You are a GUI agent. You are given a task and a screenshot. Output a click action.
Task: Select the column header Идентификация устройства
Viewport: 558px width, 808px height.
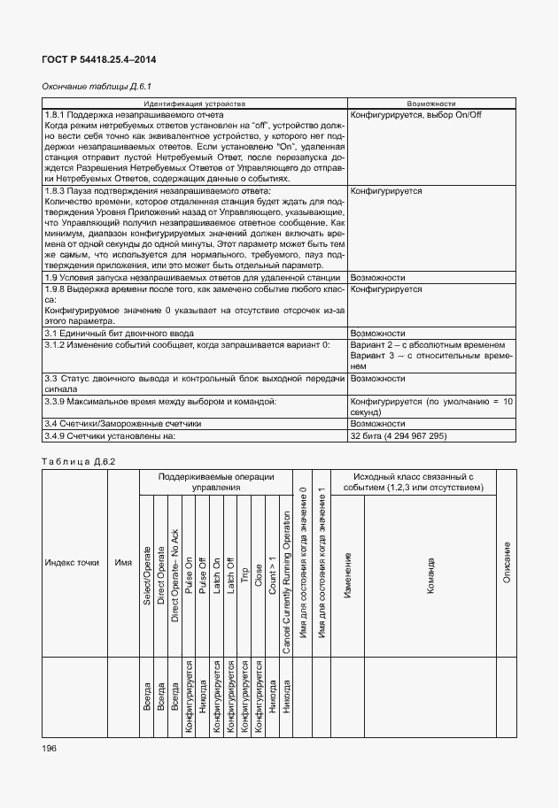(x=196, y=104)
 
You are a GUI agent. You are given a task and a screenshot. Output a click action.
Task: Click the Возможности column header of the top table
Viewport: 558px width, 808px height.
(x=431, y=104)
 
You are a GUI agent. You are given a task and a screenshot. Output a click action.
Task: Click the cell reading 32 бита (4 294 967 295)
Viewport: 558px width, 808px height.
(x=399, y=436)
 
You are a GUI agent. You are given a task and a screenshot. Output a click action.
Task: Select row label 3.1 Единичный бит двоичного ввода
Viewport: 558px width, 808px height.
(x=112, y=333)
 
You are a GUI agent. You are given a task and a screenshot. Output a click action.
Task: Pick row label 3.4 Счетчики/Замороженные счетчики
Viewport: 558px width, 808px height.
(x=123, y=424)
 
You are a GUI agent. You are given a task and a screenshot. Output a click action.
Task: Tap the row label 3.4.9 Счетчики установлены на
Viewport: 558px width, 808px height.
(x=112, y=436)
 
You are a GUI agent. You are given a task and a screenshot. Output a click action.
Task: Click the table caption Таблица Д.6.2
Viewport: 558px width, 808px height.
(x=79, y=461)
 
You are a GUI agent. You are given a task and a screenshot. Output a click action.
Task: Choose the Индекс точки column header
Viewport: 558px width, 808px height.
(x=73, y=562)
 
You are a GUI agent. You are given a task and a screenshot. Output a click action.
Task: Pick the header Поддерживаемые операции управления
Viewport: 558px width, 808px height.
(x=216, y=481)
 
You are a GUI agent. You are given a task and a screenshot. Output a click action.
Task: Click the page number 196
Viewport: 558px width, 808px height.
(x=49, y=749)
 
